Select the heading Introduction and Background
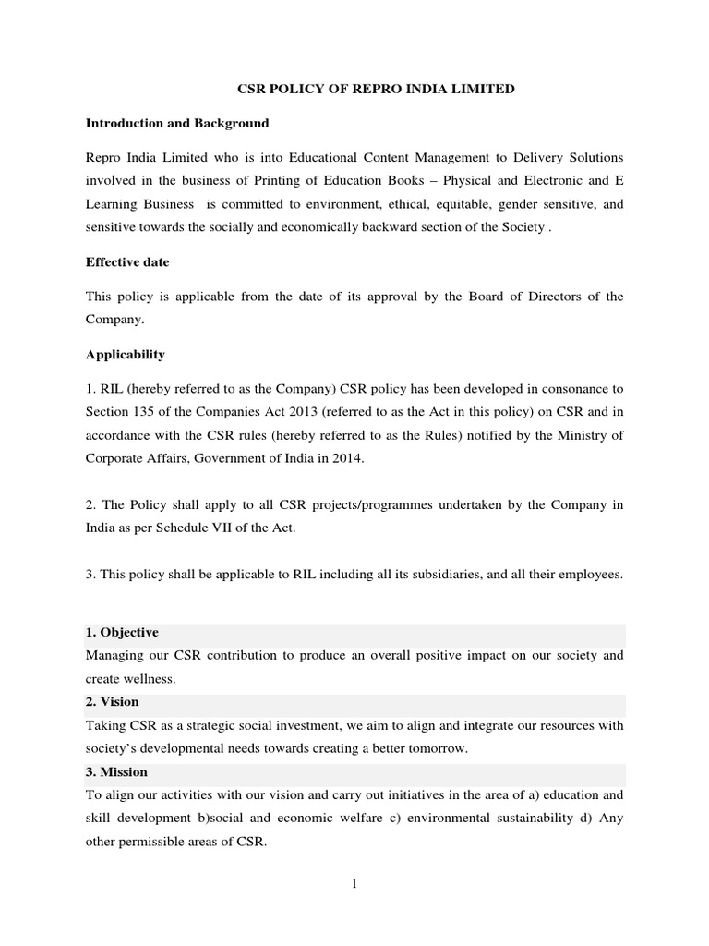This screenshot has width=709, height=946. (177, 123)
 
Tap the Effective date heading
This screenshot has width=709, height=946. (127, 262)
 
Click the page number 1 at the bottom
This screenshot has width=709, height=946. (354, 884)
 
